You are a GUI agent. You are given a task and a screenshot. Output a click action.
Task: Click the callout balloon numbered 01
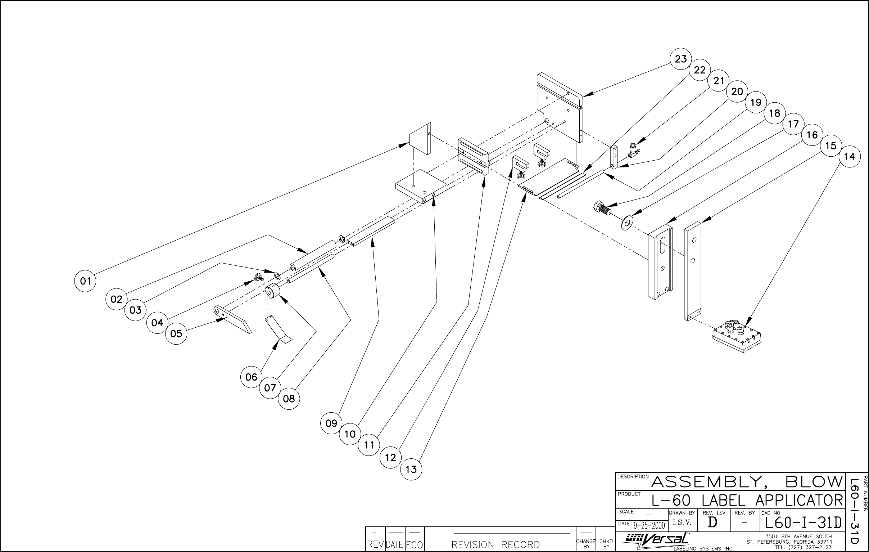85,281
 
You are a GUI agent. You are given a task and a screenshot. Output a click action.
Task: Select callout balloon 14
850,157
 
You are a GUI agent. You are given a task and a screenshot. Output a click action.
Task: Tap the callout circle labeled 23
680,59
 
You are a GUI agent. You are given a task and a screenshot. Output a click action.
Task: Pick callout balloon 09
331,423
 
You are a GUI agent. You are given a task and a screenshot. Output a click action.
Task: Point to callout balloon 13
411,469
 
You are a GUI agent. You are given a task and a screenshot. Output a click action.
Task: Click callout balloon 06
251,377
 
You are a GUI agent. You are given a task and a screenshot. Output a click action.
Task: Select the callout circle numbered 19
756,103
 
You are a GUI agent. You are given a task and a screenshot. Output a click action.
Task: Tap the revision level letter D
712,522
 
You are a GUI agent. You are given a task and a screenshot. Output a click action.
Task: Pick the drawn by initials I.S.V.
682,522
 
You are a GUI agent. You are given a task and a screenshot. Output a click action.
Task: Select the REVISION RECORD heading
495,544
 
